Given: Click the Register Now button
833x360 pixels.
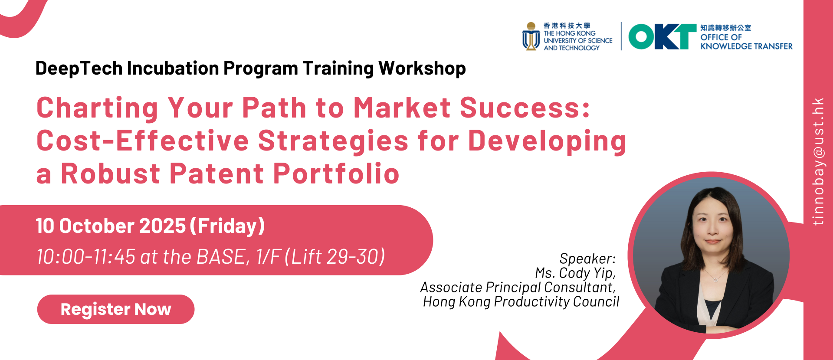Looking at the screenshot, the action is click(x=116, y=309).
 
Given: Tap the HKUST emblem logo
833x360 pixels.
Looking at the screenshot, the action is click(x=531, y=36).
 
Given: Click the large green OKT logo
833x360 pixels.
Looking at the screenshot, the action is click(x=662, y=36).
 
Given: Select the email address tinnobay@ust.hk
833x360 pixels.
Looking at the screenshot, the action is click(x=818, y=161).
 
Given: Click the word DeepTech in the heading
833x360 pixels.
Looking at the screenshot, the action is click(x=79, y=69).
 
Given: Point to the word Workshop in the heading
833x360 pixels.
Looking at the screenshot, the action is click(x=422, y=69).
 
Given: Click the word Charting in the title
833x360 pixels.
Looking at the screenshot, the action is click(x=98, y=108).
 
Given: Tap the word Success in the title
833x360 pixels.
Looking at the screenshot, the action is click(x=525, y=108).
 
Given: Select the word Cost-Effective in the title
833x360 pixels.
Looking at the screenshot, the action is click(x=143, y=141).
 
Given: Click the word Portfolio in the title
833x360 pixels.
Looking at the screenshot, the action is click(x=336, y=173).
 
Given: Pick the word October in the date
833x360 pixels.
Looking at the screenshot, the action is click(x=97, y=226).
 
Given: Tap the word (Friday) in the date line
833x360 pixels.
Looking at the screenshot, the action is click(x=227, y=226).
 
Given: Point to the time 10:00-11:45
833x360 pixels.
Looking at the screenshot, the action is click(x=86, y=257).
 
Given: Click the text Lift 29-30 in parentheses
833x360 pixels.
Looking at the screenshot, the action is click(x=335, y=257).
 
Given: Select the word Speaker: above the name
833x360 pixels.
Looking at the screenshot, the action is click(x=588, y=259).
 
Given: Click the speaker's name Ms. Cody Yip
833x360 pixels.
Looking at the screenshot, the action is click(x=575, y=273).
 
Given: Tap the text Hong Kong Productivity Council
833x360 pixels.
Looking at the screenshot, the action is click(x=521, y=301).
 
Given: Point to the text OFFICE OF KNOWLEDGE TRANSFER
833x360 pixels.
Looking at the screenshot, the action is click(x=746, y=42).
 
